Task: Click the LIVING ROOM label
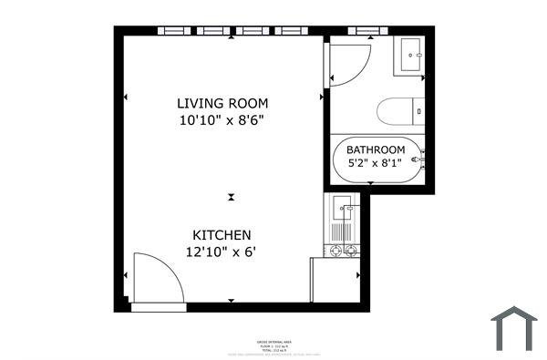pos(222,103)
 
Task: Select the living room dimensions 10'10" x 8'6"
pos(222,119)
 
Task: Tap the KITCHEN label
pos(222,234)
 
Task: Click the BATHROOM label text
pos(375,150)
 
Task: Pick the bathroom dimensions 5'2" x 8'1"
pos(375,165)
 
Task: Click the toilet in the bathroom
pos(401,111)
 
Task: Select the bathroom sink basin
pos(409,56)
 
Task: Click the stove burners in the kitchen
pos(344,250)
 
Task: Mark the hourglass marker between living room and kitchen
pos(232,196)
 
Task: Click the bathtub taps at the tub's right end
pos(422,160)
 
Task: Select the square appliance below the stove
pos(335,281)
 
